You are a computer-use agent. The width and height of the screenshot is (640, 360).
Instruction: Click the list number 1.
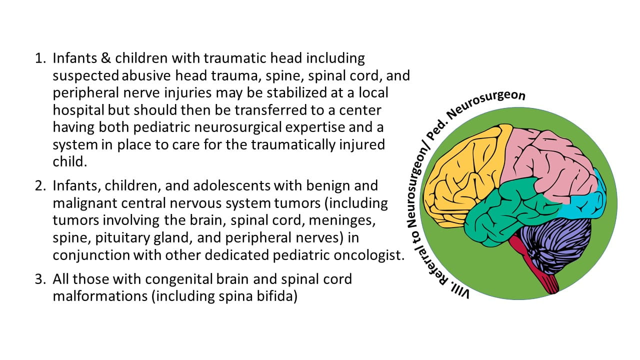tap(40, 58)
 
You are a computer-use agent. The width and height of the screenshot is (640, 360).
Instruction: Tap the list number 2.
tap(40, 186)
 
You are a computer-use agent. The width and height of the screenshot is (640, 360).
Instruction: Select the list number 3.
tap(40, 279)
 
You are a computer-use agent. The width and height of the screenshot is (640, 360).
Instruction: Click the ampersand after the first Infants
tap(105, 58)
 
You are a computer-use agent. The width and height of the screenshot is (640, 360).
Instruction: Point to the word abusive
tap(146, 75)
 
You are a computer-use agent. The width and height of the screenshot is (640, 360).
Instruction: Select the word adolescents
tap(231, 186)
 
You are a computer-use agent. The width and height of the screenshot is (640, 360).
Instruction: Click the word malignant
tap(85, 203)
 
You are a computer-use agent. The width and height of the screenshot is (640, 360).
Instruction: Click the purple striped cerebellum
tap(554, 245)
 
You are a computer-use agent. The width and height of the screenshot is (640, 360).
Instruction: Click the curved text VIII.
tap(460, 291)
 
